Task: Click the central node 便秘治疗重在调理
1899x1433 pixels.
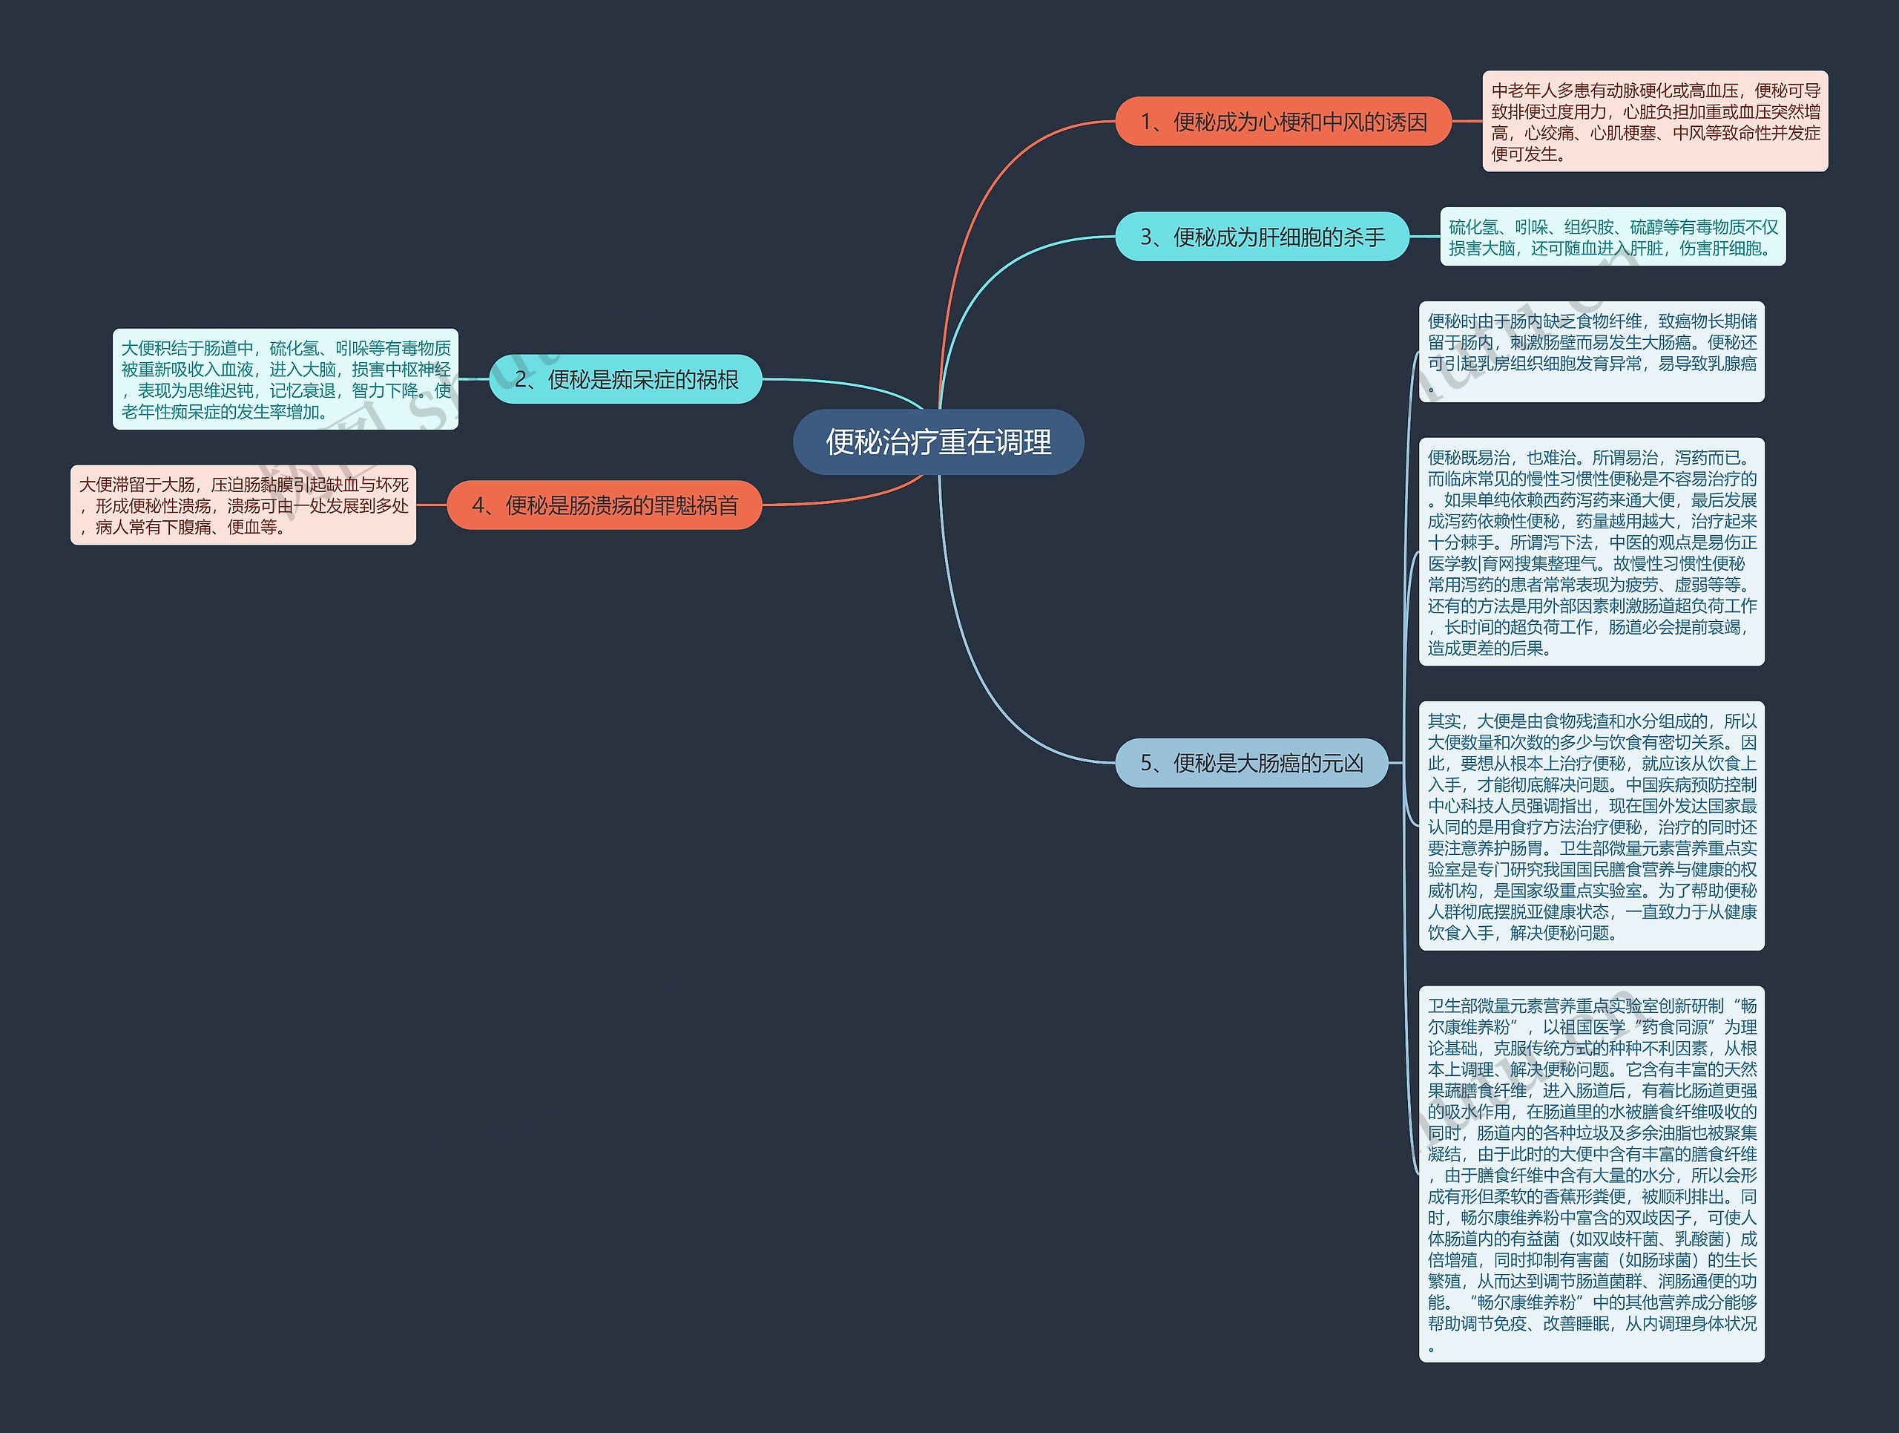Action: pos(938,442)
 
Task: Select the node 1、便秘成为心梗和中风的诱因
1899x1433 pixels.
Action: pos(1283,122)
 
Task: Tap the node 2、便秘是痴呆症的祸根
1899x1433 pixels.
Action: pos(625,378)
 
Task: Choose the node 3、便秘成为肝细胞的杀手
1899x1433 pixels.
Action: pos(1262,236)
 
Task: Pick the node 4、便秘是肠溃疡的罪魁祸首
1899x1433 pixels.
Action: pos(605,505)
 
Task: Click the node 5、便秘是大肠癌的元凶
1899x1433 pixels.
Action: pos(1251,762)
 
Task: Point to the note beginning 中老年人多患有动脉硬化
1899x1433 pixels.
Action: pos(1654,122)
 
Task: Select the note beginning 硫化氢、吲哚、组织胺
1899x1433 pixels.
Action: pos(1612,237)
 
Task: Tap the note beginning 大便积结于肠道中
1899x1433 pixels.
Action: pos(286,379)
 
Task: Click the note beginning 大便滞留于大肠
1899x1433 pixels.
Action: pos(243,505)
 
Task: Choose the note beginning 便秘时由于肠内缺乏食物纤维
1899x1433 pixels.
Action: pos(1592,352)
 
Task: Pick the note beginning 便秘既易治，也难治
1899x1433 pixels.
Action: pos(1592,552)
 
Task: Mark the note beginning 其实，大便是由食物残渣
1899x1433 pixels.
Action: pos(1592,826)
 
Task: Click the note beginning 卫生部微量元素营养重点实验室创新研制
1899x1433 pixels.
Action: pos(1592,1174)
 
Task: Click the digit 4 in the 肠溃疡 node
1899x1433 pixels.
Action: pos(478,505)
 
